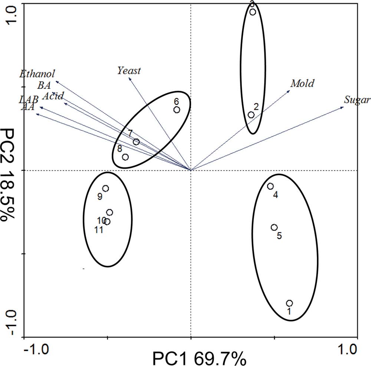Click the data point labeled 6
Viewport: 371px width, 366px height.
point(177,110)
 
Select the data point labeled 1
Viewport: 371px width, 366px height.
point(289,303)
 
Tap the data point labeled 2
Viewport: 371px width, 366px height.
point(251,115)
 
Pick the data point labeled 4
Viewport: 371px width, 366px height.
point(270,186)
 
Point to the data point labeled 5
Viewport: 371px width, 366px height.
point(274,227)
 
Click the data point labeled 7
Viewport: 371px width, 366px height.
point(136,142)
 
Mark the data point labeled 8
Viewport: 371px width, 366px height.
point(125,157)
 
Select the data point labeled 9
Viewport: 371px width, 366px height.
point(106,189)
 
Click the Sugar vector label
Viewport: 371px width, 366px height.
point(357,100)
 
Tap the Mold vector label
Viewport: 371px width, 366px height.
point(302,83)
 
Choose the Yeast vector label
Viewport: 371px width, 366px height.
point(129,70)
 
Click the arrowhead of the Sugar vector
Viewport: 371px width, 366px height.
point(343,107)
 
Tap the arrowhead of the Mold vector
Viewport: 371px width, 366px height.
point(289,90)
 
